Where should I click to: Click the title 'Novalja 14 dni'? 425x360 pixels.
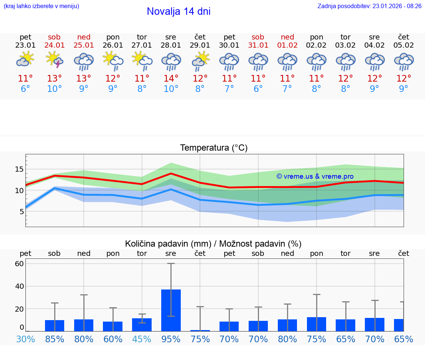click(179, 11)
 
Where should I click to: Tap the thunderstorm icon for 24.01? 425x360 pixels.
click(54, 60)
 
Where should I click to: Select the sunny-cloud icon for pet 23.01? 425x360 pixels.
click(25, 59)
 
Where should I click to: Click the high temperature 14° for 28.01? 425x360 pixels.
click(171, 79)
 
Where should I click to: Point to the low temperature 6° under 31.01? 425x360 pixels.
click(258, 89)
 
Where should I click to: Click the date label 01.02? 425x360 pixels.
click(287, 45)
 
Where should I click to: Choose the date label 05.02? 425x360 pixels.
click(404, 45)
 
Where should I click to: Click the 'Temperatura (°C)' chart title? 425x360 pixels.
click(214, 148)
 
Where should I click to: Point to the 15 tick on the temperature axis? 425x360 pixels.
click(19, 169)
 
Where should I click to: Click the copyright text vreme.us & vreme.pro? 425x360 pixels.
click(315, 176)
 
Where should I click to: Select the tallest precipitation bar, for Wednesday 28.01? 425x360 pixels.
click(171, 310)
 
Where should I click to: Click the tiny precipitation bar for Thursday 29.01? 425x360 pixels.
click(200, 330)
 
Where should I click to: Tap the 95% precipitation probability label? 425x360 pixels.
click(171, 339)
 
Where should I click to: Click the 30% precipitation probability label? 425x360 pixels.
click(25, 339)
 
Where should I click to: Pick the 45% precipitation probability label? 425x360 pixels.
click(142, 339)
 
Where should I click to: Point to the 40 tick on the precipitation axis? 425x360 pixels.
click(19, 286)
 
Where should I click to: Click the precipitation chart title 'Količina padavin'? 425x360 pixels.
click(213, 244)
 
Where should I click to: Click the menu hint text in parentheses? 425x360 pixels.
click(41, 6)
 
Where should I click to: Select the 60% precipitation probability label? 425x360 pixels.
click(113, 339)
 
